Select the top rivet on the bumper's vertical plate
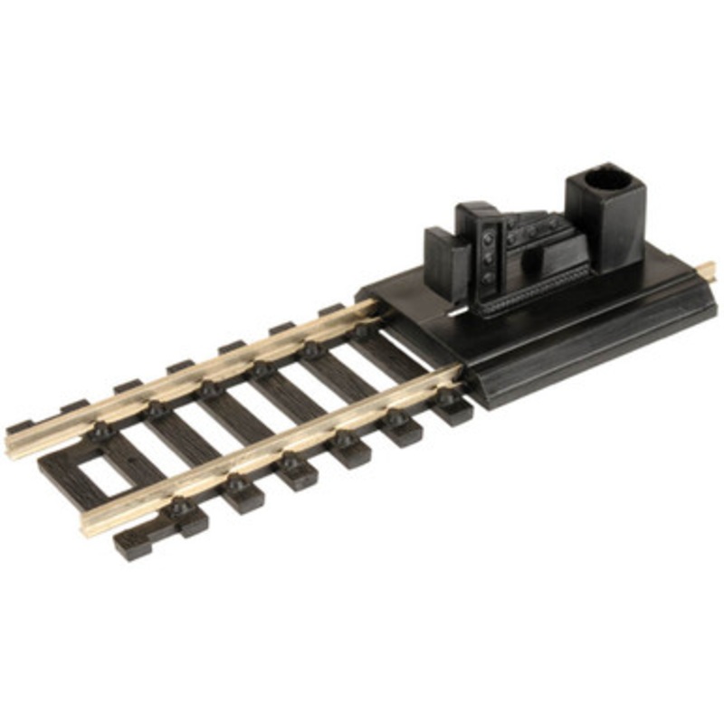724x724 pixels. (489, 236)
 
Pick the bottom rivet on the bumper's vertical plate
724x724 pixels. (490, 277)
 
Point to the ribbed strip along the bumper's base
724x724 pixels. (534, 291)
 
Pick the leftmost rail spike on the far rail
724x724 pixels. (101, 431)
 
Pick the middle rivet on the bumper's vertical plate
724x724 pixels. (490, 257)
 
